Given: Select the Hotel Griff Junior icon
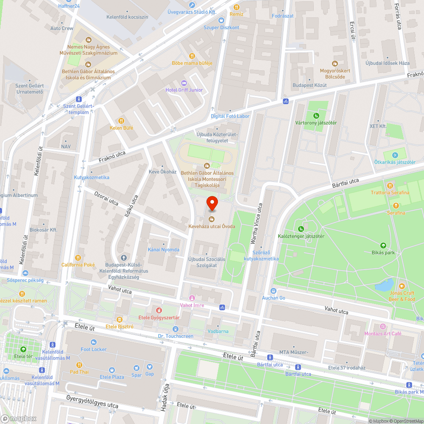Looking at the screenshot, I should pos(184,83).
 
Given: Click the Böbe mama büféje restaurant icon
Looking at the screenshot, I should pos(192,56).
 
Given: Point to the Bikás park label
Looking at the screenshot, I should pos(383,252).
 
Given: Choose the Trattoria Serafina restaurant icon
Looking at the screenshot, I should pos(390,185).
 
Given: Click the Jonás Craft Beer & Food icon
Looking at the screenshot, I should pos(402,285).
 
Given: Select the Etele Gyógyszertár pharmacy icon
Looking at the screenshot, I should pos(159,310).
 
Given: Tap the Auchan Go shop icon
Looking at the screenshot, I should pos(273,291).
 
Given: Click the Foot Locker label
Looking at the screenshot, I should pos(94,349).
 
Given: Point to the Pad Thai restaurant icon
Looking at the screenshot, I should pos(79,365).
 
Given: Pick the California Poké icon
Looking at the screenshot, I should pos(78,257).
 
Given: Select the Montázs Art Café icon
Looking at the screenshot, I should pos(383,326).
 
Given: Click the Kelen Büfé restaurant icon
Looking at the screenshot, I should pos(122,120).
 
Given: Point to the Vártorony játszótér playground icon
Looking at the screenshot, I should pos(316,115).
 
